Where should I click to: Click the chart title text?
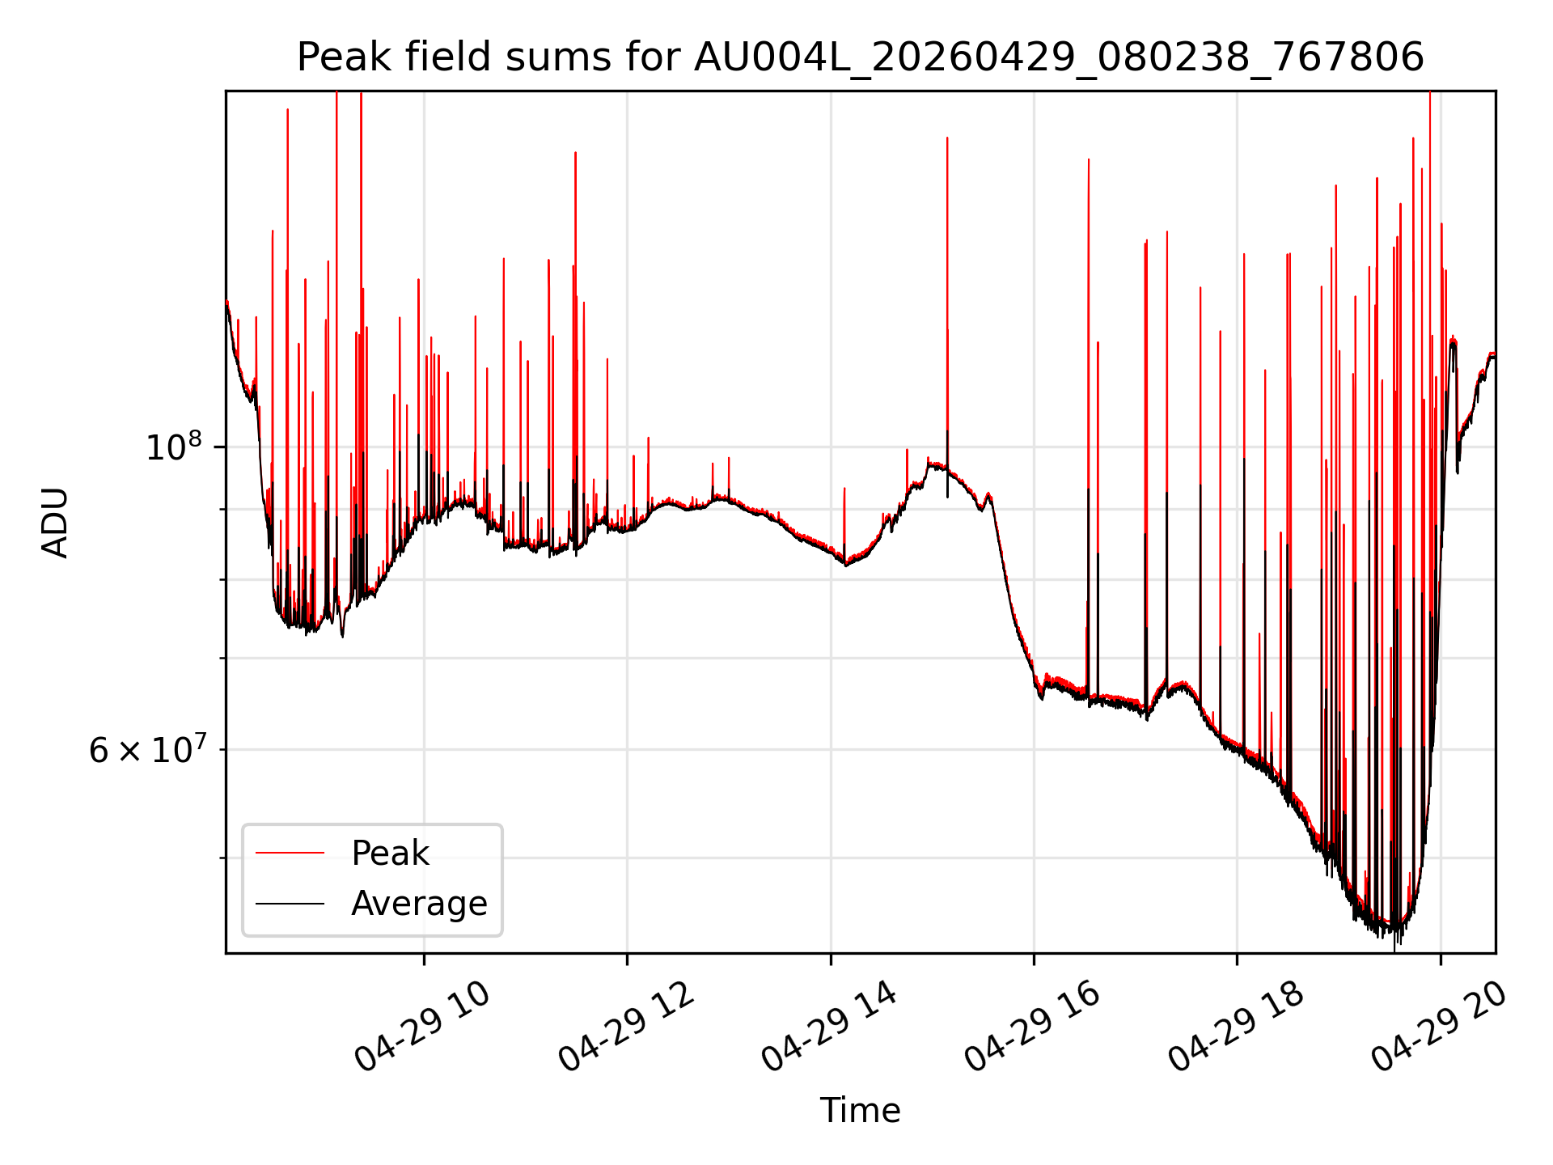(860, 57)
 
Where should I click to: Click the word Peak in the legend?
(390, 854)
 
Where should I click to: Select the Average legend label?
(419, 904)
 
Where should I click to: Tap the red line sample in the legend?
(290, 854)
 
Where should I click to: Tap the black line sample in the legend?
(290, 904)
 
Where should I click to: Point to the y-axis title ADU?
(55, 522)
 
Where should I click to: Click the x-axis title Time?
(860, 1111)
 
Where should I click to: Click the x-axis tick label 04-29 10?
(423, 1027)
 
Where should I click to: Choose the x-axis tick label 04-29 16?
(1033, 1027)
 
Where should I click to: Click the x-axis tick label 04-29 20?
(1440, 1027)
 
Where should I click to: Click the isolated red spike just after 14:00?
(844, 522)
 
